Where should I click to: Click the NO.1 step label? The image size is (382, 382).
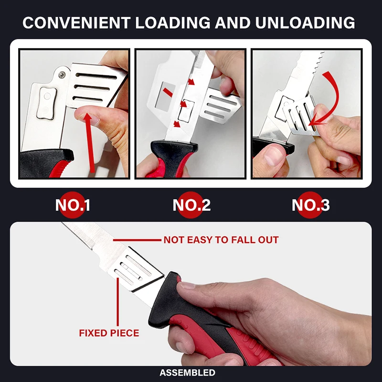[73, 205]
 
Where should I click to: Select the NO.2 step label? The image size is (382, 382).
[191, 205]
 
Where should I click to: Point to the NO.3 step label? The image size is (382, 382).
[310, 205]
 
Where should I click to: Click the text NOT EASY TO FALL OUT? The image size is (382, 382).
[221, 240]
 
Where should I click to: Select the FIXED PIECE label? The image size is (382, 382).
[109, 333]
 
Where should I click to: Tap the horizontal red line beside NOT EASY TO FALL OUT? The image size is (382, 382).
[138, 240]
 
